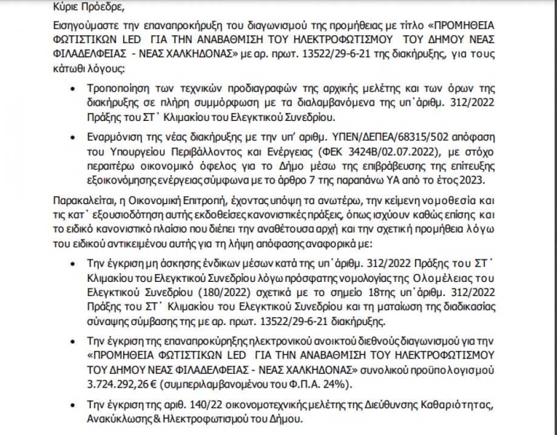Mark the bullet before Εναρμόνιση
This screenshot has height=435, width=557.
click(73, 134)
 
